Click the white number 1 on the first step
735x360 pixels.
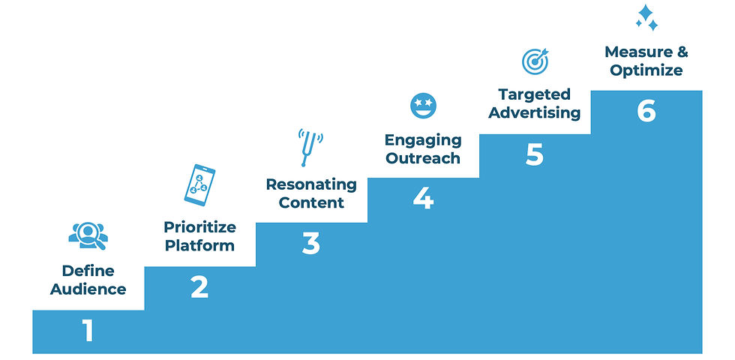[88, 331]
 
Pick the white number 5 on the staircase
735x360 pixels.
[534, 154]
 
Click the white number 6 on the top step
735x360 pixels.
[646, 111]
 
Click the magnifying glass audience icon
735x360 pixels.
[88, 235]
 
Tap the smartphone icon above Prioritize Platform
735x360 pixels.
[199, 184]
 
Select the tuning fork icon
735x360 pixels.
[310, 147]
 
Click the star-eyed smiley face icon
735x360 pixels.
[423, 106]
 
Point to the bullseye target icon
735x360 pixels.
[535, 61]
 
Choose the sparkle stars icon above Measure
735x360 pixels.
[646, 18]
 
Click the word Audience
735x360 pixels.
[88, 289]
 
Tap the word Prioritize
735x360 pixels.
[199, 227]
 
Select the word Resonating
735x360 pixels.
[311, 184]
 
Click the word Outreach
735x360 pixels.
[423, 158]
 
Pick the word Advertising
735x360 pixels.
[534, 113]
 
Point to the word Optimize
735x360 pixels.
[646, 70]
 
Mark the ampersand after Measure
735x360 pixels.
[682, 52]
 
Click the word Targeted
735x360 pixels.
[534, 94]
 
